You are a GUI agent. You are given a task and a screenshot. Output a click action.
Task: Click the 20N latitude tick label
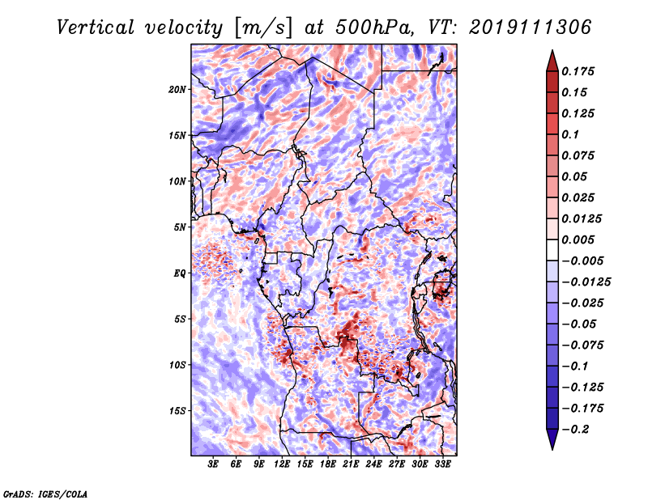click(177, 90)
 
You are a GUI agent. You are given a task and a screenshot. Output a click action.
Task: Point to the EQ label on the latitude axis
click(180, 273)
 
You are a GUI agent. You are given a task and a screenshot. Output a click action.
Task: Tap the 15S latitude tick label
click(177, 411)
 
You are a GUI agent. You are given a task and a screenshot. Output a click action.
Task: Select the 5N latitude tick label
click(180, 227)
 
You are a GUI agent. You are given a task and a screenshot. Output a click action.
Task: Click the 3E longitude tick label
click(213, 464)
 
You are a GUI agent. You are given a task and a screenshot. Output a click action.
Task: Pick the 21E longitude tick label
click(351, 464)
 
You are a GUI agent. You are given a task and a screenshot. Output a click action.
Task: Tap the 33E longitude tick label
click(442, 464)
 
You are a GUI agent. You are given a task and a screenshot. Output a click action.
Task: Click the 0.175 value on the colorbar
click(578, 71)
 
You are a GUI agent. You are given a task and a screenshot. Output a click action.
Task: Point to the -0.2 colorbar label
click(576, 430)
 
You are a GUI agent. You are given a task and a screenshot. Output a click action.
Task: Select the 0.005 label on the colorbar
click(578, 239)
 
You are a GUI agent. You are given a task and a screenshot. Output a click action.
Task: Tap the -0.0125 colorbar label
click(586, 282)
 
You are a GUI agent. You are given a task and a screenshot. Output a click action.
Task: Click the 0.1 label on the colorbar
click(570, 134)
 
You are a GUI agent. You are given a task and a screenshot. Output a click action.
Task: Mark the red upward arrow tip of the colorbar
click(552, 51)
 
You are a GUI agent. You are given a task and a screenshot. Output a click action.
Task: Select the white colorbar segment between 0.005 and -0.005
click(552, 250)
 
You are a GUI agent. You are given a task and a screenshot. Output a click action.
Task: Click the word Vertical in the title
click(96, 28)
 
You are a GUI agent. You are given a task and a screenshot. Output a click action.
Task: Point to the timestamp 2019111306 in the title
click(531, 28)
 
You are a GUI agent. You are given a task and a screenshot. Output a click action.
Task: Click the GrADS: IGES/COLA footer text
click(45, 494)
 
